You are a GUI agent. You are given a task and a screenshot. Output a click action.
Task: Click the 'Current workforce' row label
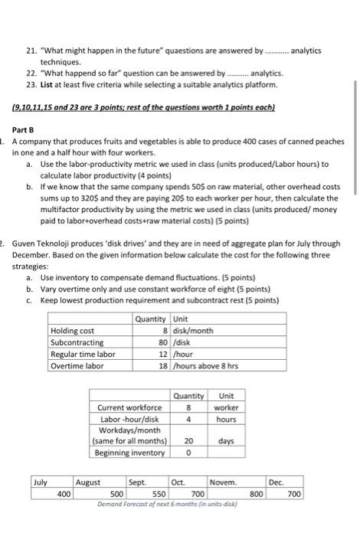(129, 408)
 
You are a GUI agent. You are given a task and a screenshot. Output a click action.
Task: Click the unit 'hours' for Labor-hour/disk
(225, 419)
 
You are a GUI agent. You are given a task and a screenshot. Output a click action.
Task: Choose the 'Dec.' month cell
(277, 483)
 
